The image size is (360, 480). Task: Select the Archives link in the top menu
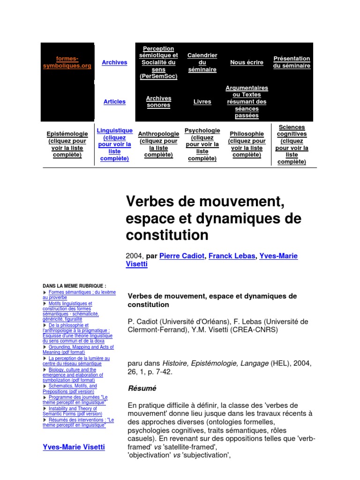[114, 62]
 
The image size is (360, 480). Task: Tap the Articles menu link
[114, 102]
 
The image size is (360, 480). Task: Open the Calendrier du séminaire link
[202, 62]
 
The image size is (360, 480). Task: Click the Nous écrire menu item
[247, 62]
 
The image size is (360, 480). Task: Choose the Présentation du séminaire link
[292, 62]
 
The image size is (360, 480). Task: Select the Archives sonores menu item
[158, 102]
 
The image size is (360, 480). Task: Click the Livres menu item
[202, 102]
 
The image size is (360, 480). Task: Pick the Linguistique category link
[114, 144]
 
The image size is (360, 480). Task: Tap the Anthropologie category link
[158, 144]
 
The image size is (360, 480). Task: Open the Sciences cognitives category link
[292, 144]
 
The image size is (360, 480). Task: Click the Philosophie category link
[247, 144]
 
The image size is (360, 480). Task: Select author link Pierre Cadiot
[182, 256]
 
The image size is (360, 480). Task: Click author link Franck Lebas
[229, 256]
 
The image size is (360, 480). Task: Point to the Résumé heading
[142, 388]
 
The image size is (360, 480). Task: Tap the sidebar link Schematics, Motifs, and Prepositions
[73, 389]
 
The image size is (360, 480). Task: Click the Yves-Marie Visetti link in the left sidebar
[74, 447]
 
